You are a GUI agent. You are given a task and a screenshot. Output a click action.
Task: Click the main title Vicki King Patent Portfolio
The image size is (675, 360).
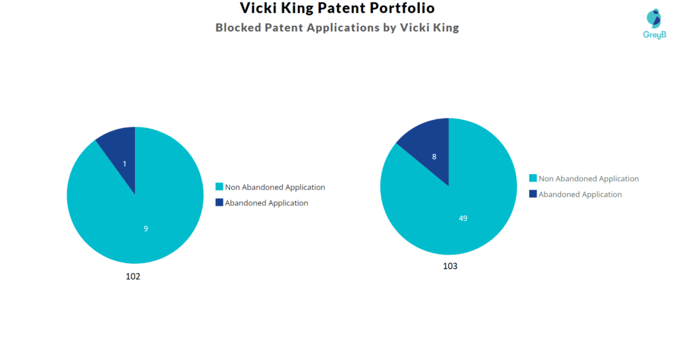[337, 9]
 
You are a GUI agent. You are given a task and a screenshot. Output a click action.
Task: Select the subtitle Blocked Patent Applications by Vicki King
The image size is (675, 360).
[337, 28]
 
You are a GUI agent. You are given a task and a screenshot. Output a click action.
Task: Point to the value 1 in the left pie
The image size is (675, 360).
[125, 164]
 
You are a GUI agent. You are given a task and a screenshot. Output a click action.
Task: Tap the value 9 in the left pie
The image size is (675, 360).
[146, 229]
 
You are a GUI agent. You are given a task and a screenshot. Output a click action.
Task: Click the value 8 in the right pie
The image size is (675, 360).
[434, 157]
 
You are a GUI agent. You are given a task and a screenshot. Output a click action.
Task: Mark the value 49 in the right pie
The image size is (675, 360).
[463, 218]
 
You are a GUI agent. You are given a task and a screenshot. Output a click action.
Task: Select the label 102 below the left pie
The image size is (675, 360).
[133, 276]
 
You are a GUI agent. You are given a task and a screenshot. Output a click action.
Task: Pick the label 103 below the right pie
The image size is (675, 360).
[450, 266]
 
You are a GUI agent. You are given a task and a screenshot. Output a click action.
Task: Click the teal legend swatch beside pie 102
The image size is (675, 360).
[220, 187]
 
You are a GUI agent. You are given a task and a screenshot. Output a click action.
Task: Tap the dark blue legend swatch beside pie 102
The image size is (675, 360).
[220, 202]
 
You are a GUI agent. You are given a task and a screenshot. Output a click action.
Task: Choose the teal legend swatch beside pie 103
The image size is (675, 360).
[533, 178]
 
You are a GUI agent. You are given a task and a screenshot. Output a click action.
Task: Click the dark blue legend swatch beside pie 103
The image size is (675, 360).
[533, 194]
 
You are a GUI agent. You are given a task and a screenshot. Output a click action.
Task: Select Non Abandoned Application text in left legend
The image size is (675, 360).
[275, 187]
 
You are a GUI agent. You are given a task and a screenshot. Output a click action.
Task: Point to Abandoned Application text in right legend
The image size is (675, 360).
[580, 195]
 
